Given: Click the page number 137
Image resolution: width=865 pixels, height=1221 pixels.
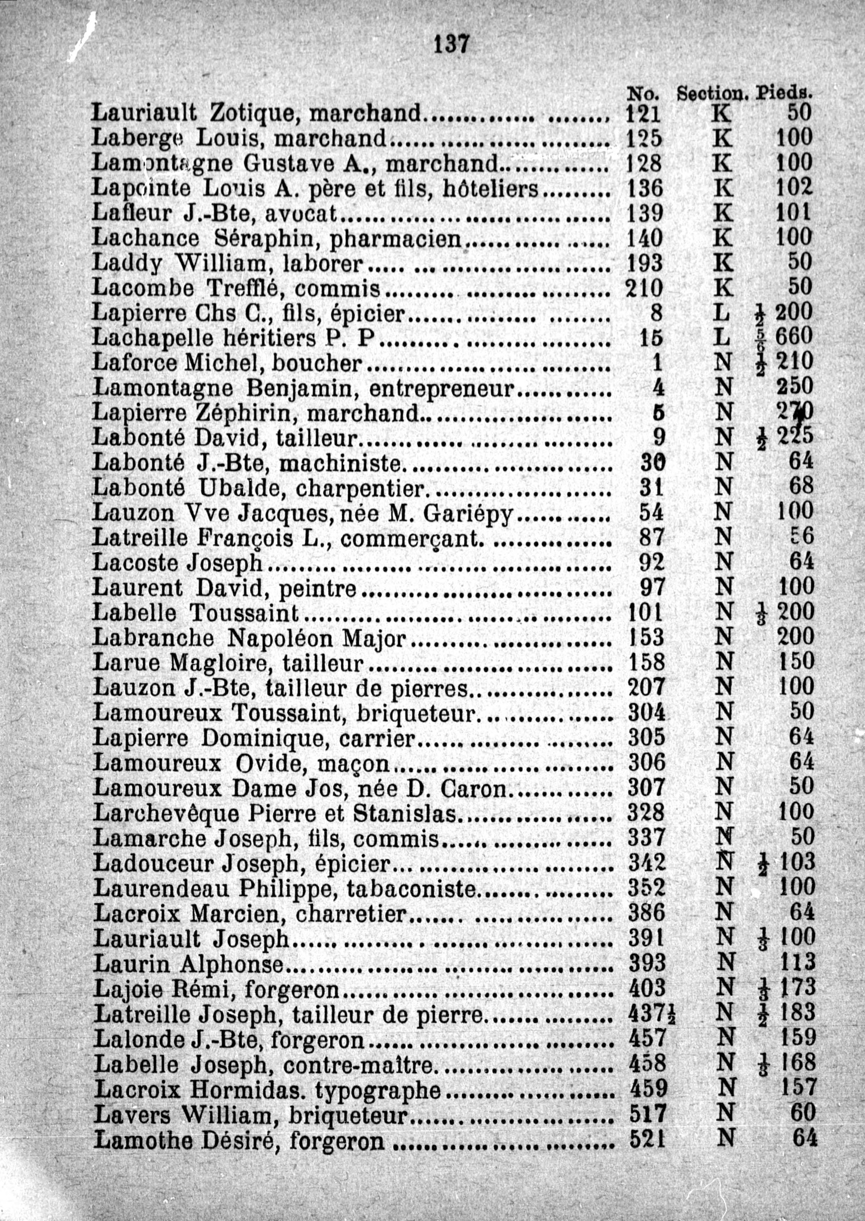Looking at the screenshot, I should (451, 44).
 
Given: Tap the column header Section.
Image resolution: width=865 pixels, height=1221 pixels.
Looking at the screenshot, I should (712, 94).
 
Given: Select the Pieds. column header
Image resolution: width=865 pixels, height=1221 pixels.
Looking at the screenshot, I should (785, 94).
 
